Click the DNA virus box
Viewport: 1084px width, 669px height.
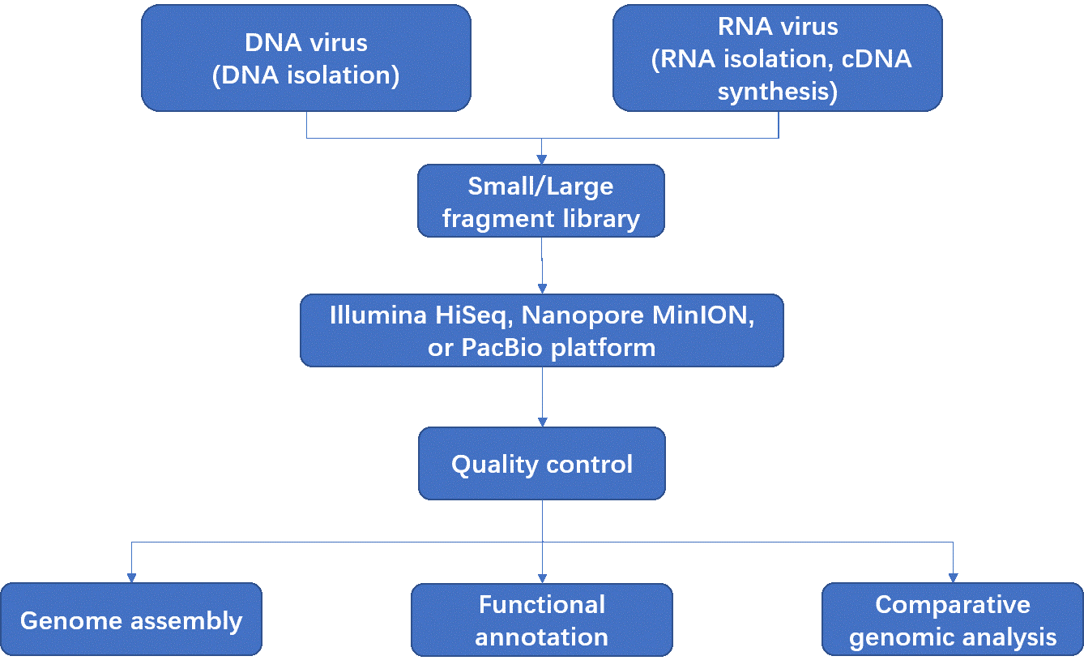click(306, 58)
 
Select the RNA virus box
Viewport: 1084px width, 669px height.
click(778, 58)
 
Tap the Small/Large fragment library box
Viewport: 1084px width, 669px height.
click(541, 200)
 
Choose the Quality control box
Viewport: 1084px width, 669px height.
click(542, 463)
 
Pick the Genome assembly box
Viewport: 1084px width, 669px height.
click(131, 619)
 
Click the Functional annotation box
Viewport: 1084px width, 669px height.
click(542, 620)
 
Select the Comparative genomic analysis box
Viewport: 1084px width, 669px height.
click(953, 619)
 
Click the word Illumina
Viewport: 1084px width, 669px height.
click(378, 315)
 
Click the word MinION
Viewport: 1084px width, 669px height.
click(702, 315)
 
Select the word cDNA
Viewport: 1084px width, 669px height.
click(877, 59)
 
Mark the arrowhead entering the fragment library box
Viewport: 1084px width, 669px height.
click(541, 160)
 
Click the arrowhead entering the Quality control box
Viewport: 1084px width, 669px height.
click(543, 422)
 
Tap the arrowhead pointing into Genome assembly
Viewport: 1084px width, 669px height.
click(131, 578)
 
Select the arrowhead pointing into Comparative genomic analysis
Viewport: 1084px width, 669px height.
click(954, 578)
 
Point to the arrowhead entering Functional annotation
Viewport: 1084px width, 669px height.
click(543, 578)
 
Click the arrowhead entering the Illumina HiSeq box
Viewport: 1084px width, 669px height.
click(543, 289)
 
